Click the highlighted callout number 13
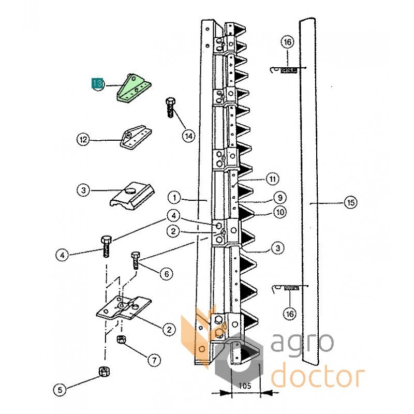[x=97, y=83]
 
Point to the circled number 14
[x=188, y=136]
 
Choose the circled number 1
[x=175, y=197]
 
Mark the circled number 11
[x=272, y=179]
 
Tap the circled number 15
[x=350, y=203]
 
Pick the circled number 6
[x=166, y=273]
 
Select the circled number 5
[x=61, y=391]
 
